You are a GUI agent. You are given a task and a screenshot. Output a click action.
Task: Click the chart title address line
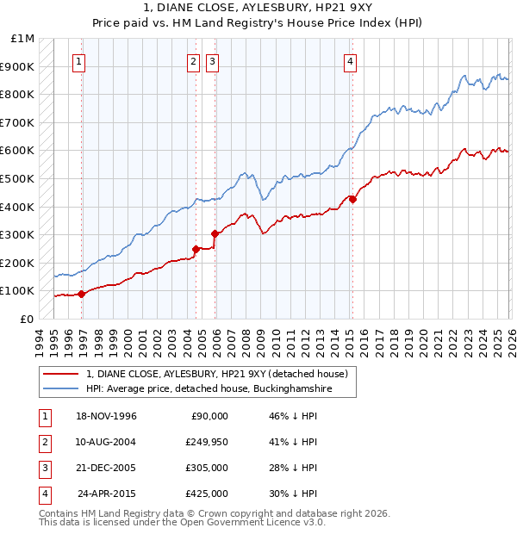click(x=258, y=8)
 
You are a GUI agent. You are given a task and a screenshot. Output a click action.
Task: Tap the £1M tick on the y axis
click(x=23, y=39)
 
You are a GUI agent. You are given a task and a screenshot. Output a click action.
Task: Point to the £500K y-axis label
click(x=20, y=179)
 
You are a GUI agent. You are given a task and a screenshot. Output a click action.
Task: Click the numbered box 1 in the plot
click(x=79, y=61)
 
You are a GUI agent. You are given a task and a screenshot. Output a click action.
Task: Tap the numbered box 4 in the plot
click(x=351, y=61)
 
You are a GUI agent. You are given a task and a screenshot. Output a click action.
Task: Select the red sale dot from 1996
click(x=82, y=294)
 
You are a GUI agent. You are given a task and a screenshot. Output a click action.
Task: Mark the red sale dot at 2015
click(x=352, y=200)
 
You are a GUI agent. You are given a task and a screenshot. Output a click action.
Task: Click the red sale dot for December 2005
click(x=215, y=233)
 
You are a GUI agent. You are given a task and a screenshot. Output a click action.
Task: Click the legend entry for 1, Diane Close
click(x=216, y=375)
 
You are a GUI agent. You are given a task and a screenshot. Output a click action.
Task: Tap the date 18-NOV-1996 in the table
click(x=107, y=416)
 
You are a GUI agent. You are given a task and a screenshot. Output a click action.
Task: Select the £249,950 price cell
click(x=207, y=442)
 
